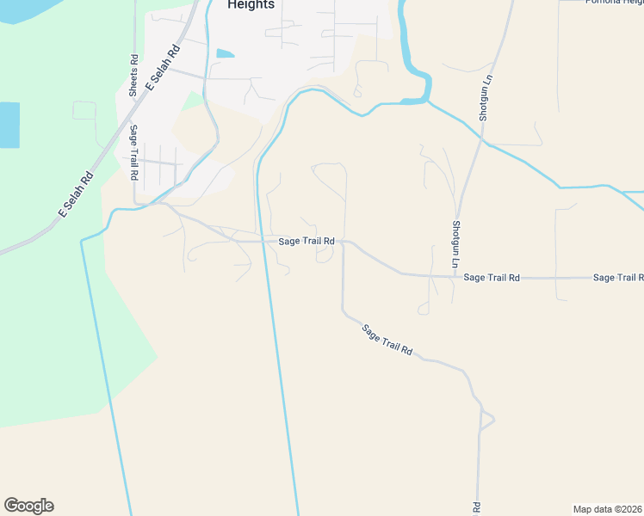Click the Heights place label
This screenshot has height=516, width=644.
point(251,5)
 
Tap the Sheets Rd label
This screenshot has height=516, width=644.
point(133,76)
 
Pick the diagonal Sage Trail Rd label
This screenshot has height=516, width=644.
point(387,341)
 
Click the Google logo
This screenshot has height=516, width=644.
point(28,506)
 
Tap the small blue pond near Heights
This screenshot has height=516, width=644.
point(225,53)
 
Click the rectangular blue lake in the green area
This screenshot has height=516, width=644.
point(9,125)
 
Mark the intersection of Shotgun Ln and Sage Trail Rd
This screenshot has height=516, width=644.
point(454,277)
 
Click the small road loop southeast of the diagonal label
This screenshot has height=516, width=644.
point(486,421)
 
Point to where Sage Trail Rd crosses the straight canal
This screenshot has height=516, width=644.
point(263,242)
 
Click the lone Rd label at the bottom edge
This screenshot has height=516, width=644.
point(475,507)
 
